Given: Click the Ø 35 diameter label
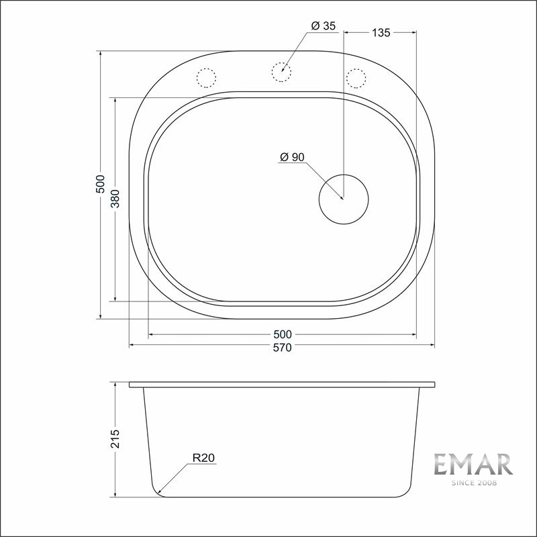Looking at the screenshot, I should pyautogui.click(x=323, y=26).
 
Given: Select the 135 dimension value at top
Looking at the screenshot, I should pyautogui.click(x=380, y=32).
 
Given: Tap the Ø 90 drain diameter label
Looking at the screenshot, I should pyautogui.click(x=292, y=157).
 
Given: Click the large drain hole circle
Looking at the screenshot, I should pyautogui.click(x=344, y=198).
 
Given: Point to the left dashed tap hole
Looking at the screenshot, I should pyautogui.click(x=206, y=78).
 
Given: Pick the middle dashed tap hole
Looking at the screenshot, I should pyautogui.click(x=281, y=71).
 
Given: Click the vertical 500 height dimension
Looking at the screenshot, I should pyautogui.click(x=100, y=184).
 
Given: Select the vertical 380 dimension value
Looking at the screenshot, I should pyautogui.click(x=115, y=199).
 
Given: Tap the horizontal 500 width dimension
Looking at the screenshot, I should pyautogui.click(x=282, y=334).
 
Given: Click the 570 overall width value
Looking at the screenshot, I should pyautogui.click(x=282, y=348).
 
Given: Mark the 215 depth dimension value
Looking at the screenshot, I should pyautogui.click(x=115, y=439).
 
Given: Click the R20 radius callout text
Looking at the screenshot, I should pyautogui.click(x=203, y=458).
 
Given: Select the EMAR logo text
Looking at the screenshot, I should pyautogui.click(x=473, y=465).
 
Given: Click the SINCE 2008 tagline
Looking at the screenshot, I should pyautogui.click(x=473, y=482).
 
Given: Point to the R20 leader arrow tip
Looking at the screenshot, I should pyautogui.click(x=158, y=493).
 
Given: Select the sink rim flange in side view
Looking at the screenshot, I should pyautogui.click(x=282, y=385).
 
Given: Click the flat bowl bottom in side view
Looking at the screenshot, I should pyautogui.click(x=282, y=497).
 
